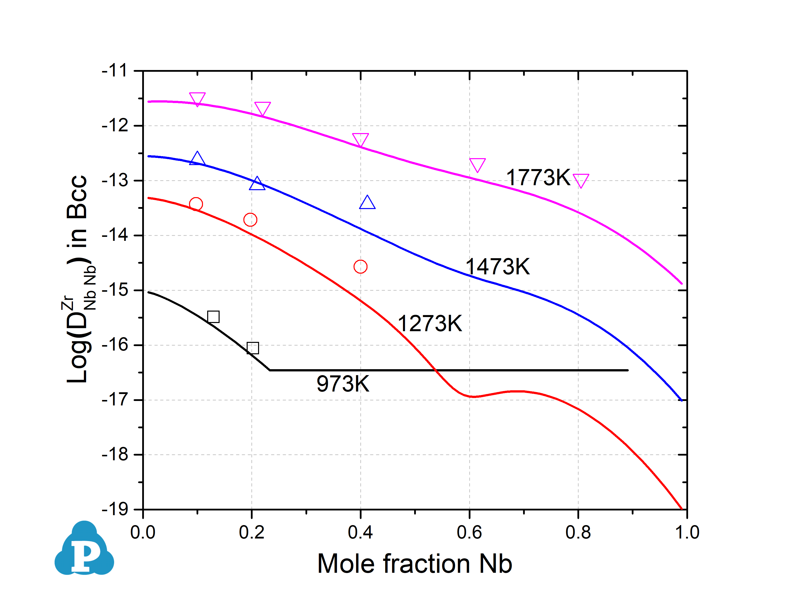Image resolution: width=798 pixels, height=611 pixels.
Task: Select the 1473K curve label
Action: pyautogui.click(x=498, y=267)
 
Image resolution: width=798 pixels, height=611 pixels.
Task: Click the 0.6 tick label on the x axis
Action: pyautogui.click(x=469, y=533)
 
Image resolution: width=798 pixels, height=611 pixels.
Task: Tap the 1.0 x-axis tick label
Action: pyautogui.click(x=687, y=533)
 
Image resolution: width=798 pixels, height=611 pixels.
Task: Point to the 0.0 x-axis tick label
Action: pyautogui.click(x=143, y=533)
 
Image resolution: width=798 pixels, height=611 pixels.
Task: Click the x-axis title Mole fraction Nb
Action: pyautogui.click(x=415, y=564)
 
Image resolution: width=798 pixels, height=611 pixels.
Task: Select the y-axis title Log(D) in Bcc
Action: pyautogui.click(x=78, y=279)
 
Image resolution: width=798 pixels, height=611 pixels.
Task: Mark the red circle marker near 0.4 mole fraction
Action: pyautogui.click(x=360, y=267)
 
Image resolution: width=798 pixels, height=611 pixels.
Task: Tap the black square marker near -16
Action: pyautogui.click(x=253, y=348)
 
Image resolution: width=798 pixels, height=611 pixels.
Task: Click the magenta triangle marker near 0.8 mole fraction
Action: pyautogui.click(x=581, y=180)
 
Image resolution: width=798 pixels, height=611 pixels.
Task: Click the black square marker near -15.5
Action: pyautogui.click(x=213, y=317)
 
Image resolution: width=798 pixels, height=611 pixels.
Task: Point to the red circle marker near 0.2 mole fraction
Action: pyautogui.click(x=250, y=220)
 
